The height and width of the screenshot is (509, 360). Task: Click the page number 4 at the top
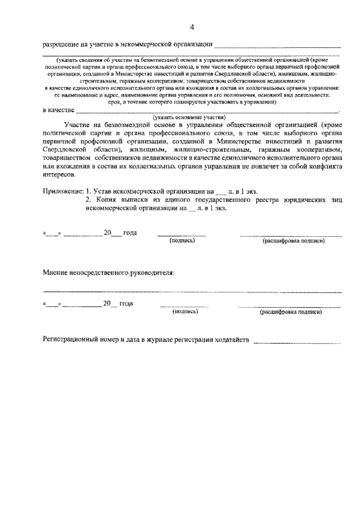[192, 27]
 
